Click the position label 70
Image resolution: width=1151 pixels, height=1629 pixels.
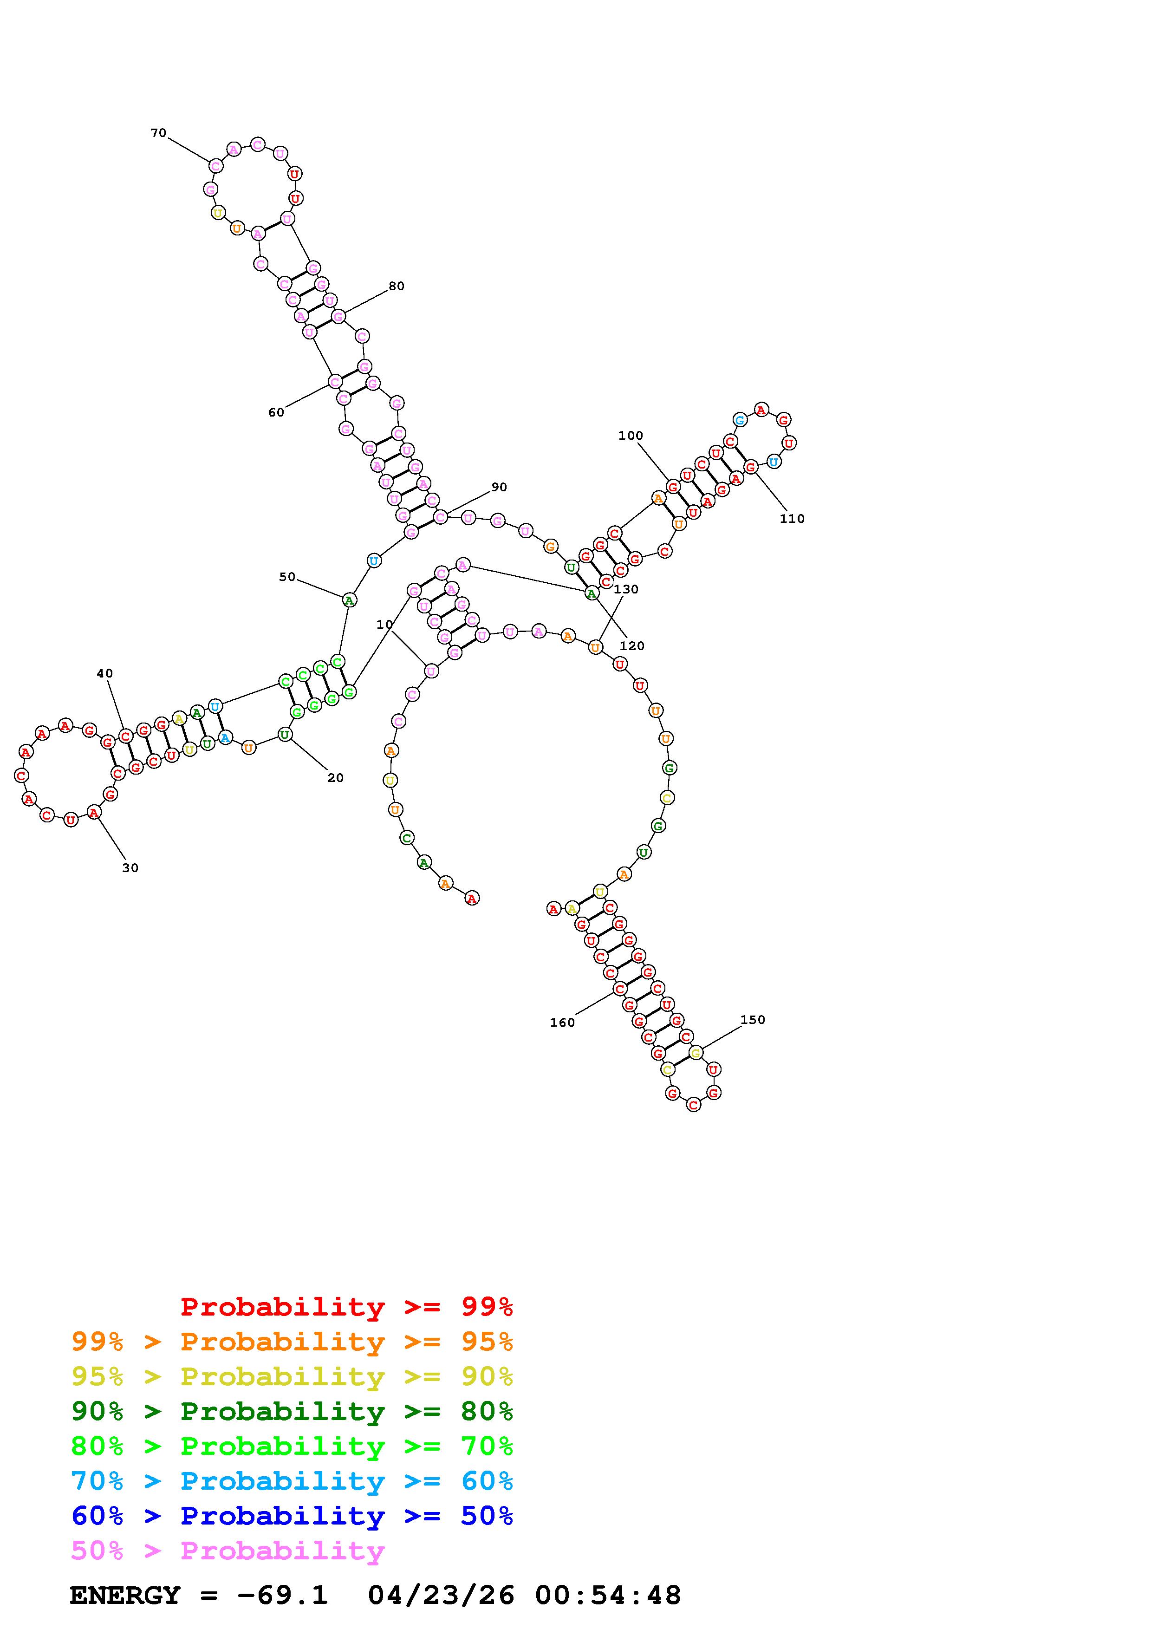158,133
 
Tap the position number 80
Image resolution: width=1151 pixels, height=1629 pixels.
397,286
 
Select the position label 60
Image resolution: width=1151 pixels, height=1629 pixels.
276,412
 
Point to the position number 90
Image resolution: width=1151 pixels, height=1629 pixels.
499,487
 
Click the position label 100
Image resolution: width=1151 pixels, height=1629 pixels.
631,436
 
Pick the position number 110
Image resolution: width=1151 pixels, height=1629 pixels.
792,519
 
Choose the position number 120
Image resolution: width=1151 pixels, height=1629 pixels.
632,645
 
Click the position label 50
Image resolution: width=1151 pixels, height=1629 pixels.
287,577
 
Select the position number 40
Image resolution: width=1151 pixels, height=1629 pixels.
105,673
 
